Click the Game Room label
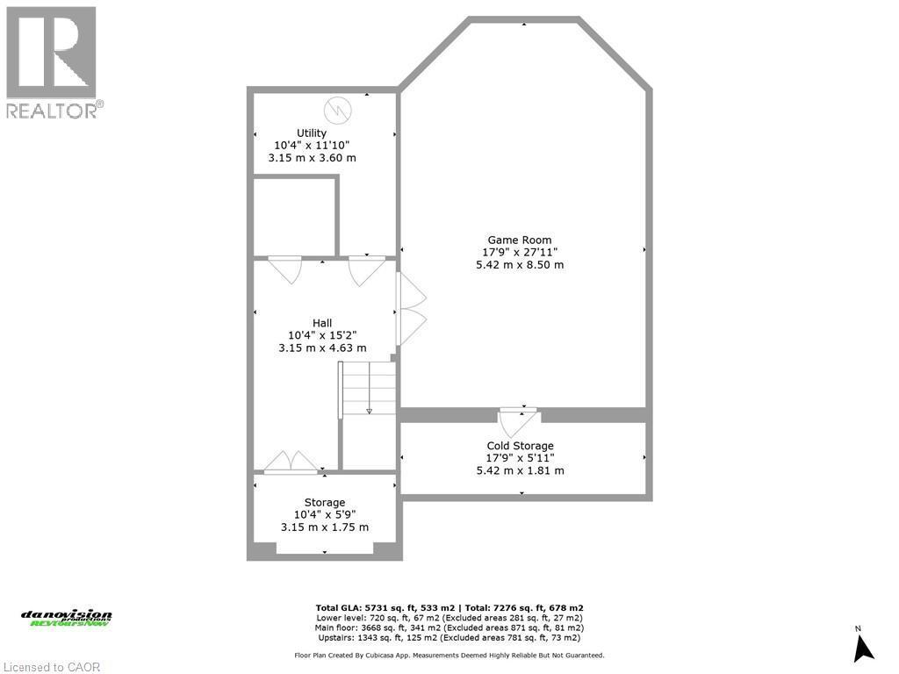pyautogui.click(x=520, y=240)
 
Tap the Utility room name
pyautogui.click(x=312, y=133)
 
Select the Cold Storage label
pyautogui.click(x=521, y=446)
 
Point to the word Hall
pyautogui.click(x=322, y=323)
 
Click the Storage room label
pyautogui.click(x=325, y=503)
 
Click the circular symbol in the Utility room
pyautogui.click(x=338, y=110)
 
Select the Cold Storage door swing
pyautogui.click(x=519, y=418)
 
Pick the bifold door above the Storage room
pyautogui.click(x=291, y=462)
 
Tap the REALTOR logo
pyautogui.click(x=54, y=61)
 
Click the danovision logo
pyautogui.click(x=67, y=618)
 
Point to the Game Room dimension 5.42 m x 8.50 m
pyautogui.click(x=520, y=264)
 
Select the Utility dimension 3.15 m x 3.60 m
pyautogui.click(x=312, y=158)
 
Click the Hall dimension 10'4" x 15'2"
pyautogui.click(x=322, y=335)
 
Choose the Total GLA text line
pyautogui.click(x=449, y=607)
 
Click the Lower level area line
pyautogui.click(x=449, y=618)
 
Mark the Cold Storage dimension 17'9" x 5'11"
pyautogui.click(x=521, y=458)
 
